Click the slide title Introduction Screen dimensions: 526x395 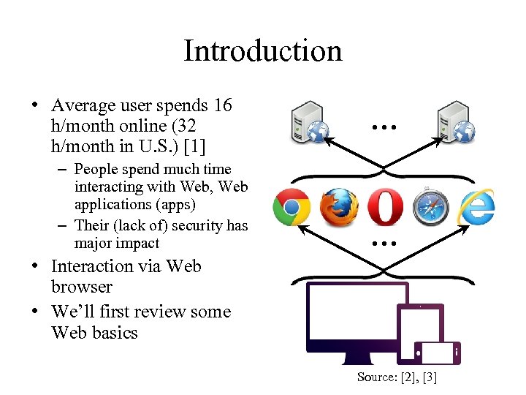[262, 51]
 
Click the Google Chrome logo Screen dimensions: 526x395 [291, 208]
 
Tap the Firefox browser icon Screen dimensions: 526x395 [339, 208]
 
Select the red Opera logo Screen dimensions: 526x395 [384, 207]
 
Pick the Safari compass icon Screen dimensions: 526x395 [429, 208]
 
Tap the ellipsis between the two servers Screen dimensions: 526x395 [383, 127]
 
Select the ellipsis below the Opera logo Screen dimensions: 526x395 [383, 243]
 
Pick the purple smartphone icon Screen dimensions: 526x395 [436, 353]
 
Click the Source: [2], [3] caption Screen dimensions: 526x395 [397, 377]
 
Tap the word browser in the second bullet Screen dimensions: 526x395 [82, 287]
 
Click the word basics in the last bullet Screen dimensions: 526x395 [117, 333]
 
